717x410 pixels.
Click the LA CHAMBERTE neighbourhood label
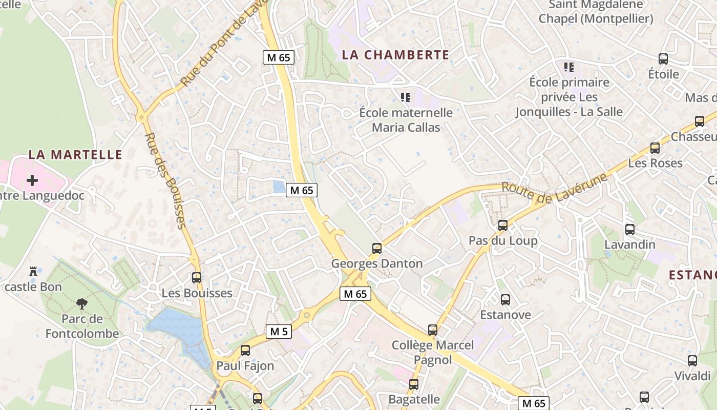pos(395,55)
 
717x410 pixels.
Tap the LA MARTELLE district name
pos(75,154)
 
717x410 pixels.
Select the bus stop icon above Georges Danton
pos(377,249)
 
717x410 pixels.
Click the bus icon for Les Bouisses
pos(197,278)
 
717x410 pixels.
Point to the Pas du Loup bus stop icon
pos(503,225)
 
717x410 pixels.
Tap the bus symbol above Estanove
pos(505,300)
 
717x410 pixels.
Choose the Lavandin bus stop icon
pos(630,230)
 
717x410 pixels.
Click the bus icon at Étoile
pos(663,59)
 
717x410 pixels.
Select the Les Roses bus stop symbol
pos(655,148)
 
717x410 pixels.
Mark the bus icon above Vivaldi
pos(692,361)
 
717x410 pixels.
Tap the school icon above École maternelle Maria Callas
pos(406,97)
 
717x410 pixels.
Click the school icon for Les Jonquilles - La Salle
pos(568,67)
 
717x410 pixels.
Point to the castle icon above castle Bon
pos(34,272)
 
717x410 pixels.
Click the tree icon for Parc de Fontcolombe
pos(81,304)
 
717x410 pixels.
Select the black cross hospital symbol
pos(32,180)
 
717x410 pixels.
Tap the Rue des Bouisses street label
pos(164,180)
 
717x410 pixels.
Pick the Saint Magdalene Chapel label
pos(596,12)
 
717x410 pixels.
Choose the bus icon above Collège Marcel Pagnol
pos(433,330)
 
